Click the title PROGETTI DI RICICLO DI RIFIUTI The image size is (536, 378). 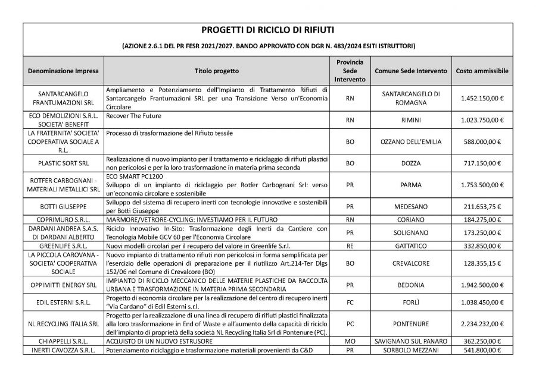pos(267,30)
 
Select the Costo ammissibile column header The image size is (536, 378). pos(482,71)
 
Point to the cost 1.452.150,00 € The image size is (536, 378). pos(482,98)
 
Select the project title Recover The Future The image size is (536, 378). pos(134,115)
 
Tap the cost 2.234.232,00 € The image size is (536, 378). pos(482,324)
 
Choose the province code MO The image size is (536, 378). pos(350,342)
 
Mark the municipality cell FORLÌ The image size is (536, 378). pos(411,302)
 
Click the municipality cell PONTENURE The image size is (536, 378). pos(411,324)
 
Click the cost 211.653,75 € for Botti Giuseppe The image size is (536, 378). pos(482,206)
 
